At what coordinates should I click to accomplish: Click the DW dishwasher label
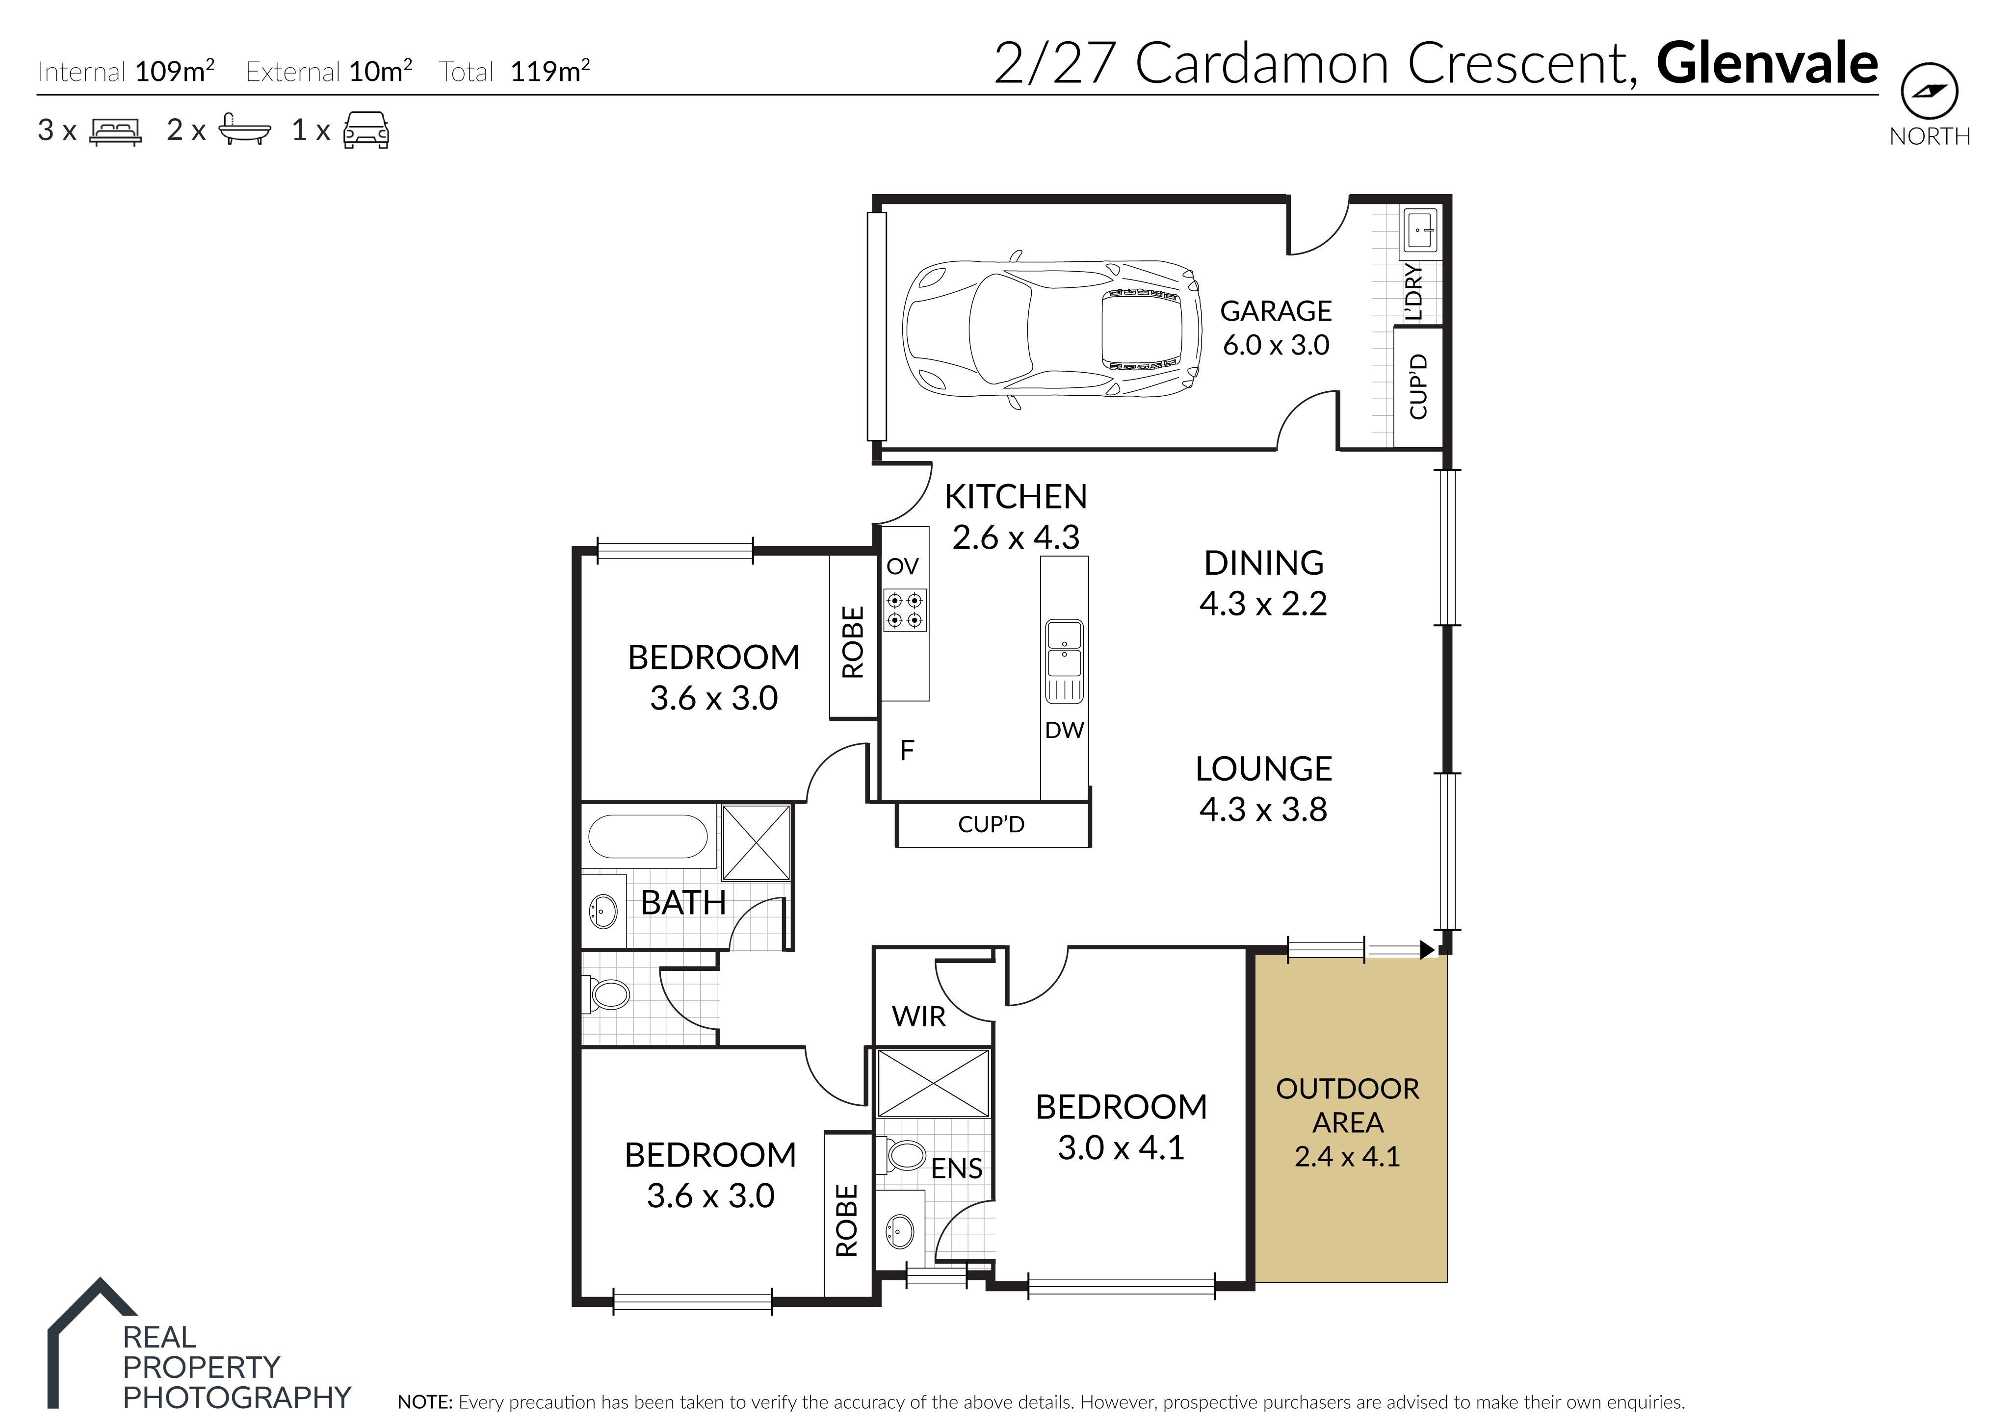click(1064, 730)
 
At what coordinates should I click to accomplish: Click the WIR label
click(919, 1016)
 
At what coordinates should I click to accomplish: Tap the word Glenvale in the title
click(1767, 63)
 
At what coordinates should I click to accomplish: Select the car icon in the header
click(366, 129)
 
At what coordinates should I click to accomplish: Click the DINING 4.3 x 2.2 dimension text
click(1263, 604)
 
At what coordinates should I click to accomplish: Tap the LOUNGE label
click(1263, 769)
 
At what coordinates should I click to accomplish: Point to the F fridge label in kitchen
click(907, 750)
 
